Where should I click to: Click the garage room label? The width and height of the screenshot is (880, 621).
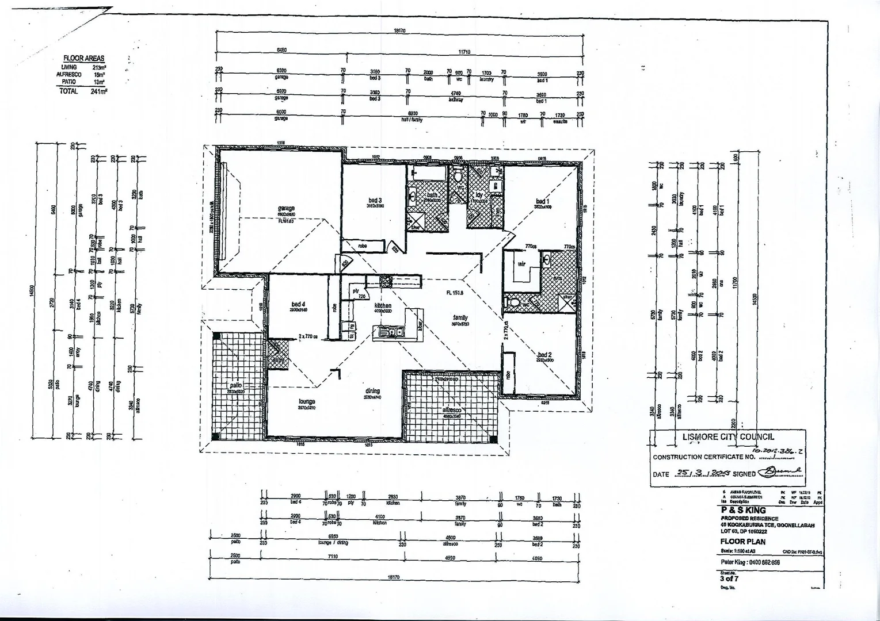coord(286,208)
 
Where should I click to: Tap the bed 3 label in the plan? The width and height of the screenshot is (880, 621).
coord(375,201)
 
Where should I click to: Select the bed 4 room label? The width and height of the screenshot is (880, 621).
coord(298,304)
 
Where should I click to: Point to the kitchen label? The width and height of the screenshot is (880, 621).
coord(383,306)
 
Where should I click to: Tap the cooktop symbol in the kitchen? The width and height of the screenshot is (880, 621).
coord(385,281)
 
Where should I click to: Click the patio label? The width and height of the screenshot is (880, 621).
coord(236,385)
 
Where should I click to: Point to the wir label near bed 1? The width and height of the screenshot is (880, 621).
coord(521,264)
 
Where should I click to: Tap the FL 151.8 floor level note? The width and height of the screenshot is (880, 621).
coord(455,293)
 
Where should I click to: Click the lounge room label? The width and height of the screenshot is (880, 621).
coord(307,401)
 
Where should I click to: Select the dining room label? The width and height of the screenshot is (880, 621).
coord(372,391)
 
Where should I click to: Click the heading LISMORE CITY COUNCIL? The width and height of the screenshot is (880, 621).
coord(728,437)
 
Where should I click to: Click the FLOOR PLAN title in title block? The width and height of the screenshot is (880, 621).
coord(742,541)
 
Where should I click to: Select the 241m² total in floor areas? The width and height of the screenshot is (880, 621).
coord(99,91)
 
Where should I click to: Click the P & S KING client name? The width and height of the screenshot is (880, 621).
coord(743,509)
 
